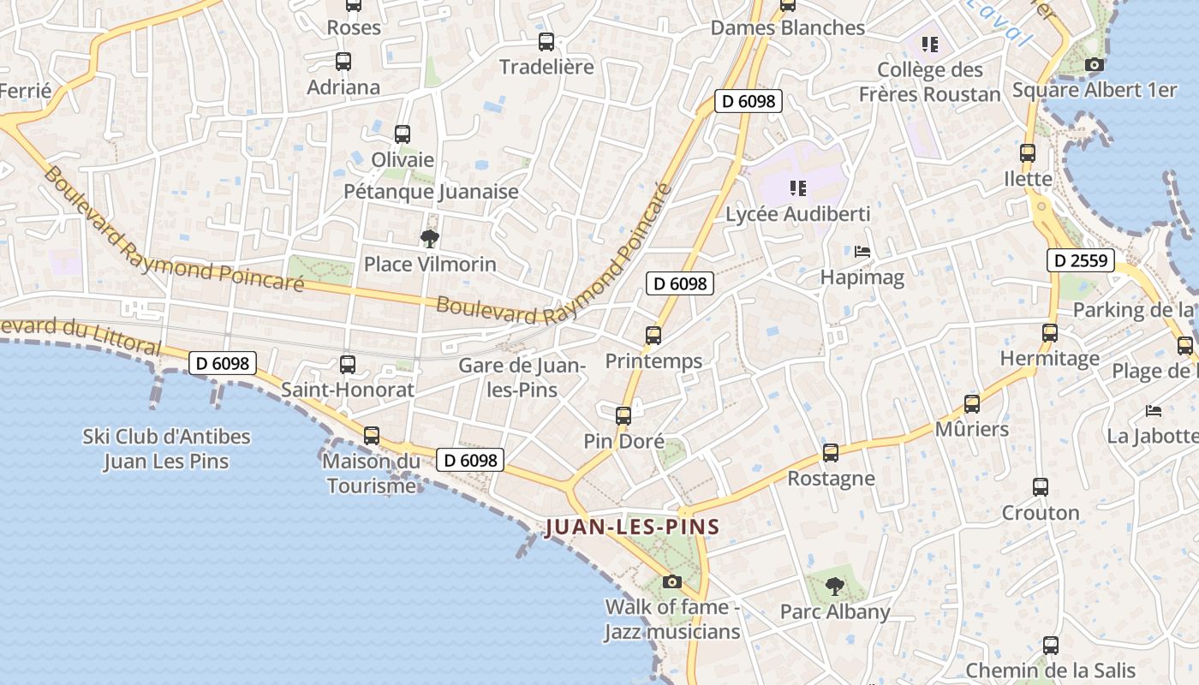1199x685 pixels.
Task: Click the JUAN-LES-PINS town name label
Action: [632, 527]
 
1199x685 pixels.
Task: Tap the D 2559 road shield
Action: [1080, 260]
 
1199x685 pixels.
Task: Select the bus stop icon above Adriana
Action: [343, 62]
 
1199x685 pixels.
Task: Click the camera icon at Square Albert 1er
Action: [1094, 64]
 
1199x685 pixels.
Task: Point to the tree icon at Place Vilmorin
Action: [429, 238]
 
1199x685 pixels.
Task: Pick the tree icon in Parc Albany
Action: [834, 587]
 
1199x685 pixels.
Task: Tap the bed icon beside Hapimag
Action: [862, 252]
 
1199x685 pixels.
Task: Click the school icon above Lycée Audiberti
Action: [797, 188]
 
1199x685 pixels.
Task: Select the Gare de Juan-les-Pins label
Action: [522, 378]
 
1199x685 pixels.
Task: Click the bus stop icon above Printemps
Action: [653, 336]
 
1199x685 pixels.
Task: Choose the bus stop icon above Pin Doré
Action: [623, 416]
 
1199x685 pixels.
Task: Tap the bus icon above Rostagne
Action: [831, 453]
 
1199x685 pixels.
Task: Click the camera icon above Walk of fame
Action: [672, 582]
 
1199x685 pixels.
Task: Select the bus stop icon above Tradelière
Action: [546, 41]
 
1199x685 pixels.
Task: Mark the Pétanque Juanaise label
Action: [431, 191]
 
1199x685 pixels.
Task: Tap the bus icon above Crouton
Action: [1041, 487]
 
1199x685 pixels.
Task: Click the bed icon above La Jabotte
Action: [1154, 411]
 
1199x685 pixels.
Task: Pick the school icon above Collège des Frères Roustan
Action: [929, 44]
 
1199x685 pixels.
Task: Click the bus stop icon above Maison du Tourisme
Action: [372, 435]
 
